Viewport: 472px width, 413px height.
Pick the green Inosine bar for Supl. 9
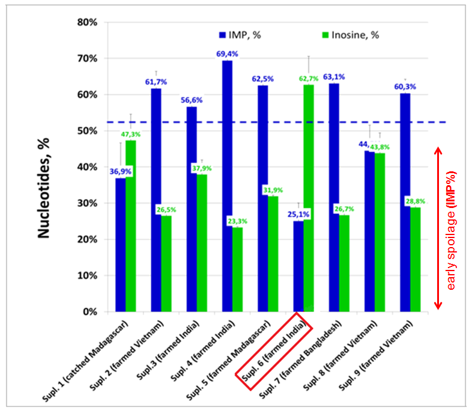[415, 259]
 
